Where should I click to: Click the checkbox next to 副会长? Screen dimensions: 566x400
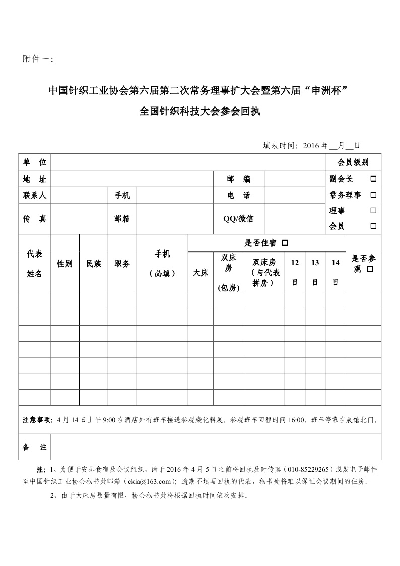click(x=373, y=179)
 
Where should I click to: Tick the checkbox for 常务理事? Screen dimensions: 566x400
click(x=373, y=195)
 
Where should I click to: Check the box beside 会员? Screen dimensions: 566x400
click(x=373, y=227)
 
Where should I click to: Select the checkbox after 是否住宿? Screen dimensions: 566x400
click(x=285, y=243)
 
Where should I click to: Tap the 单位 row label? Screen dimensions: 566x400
click(x=35, y=162)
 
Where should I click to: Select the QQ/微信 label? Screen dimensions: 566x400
click(x=238, y=218)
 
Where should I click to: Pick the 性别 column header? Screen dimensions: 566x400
click(x=65, y=264)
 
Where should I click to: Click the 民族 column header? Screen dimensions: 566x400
click(x=94, y=264)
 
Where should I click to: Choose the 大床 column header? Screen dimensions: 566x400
click(x=201, y=273)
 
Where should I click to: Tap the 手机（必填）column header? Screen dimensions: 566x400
click(x=162, y=264)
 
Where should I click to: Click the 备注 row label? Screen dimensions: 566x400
click(x=35, y=447)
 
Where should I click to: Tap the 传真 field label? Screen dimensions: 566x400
click(x=35, y=218)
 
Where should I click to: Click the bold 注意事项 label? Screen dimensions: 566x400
click(x=37, y=419)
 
